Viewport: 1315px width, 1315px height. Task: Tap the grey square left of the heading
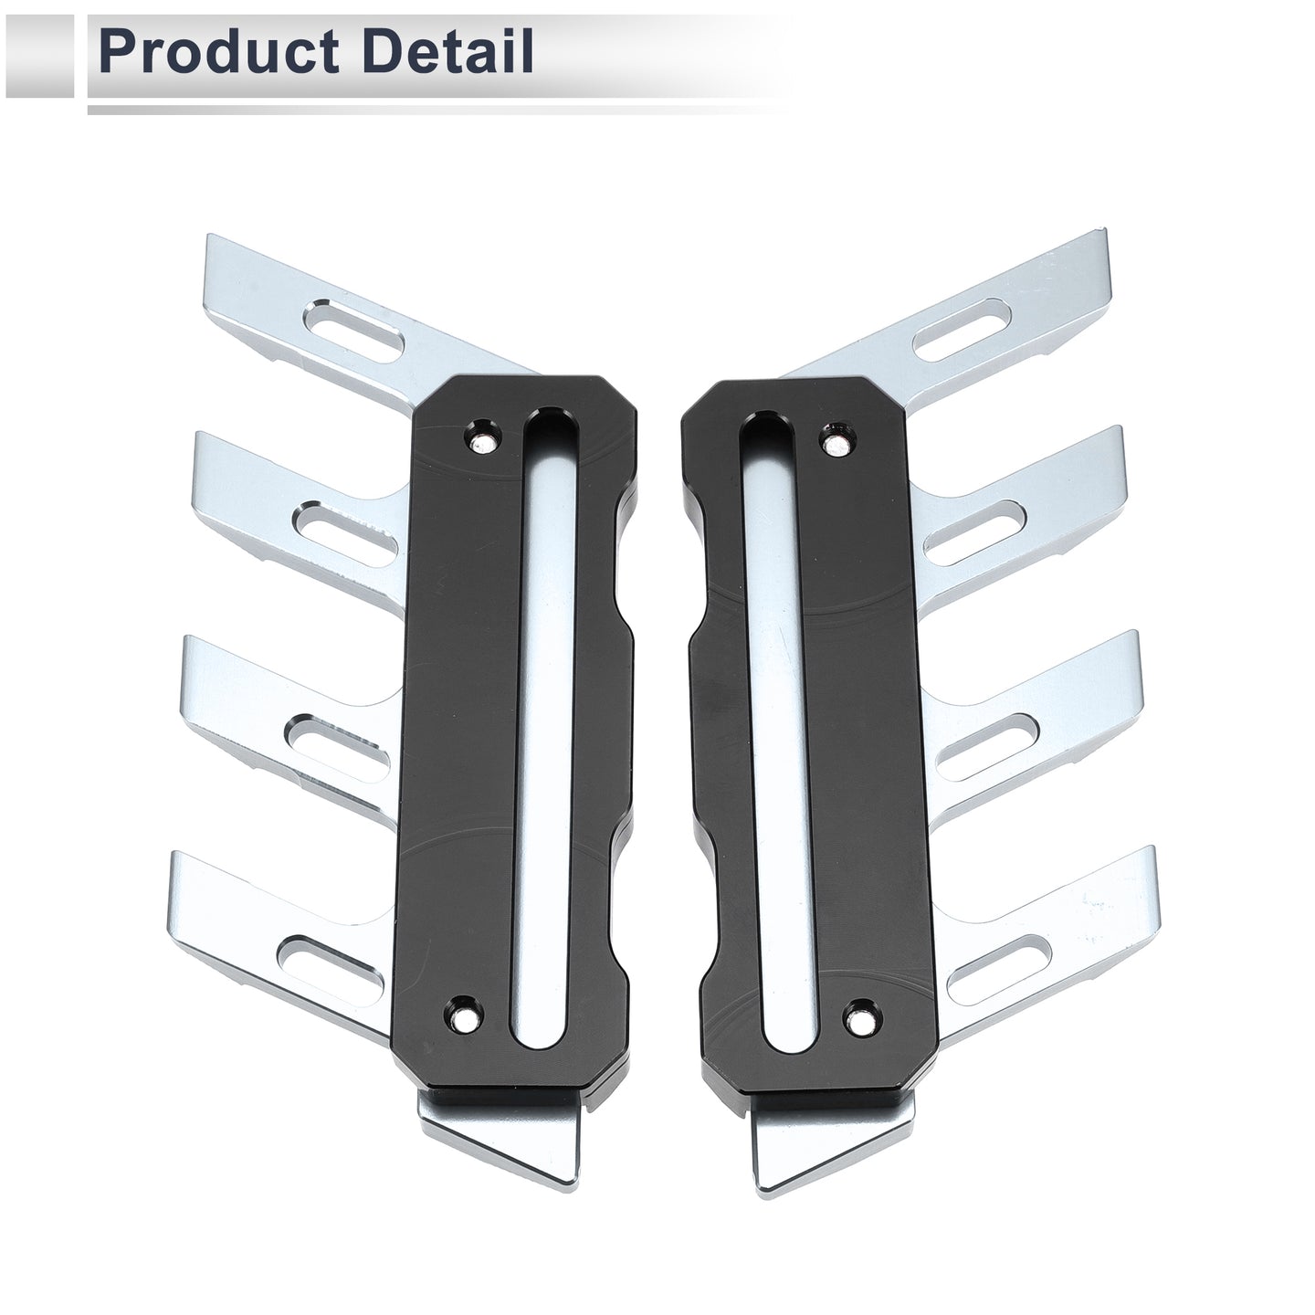(37, 58)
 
